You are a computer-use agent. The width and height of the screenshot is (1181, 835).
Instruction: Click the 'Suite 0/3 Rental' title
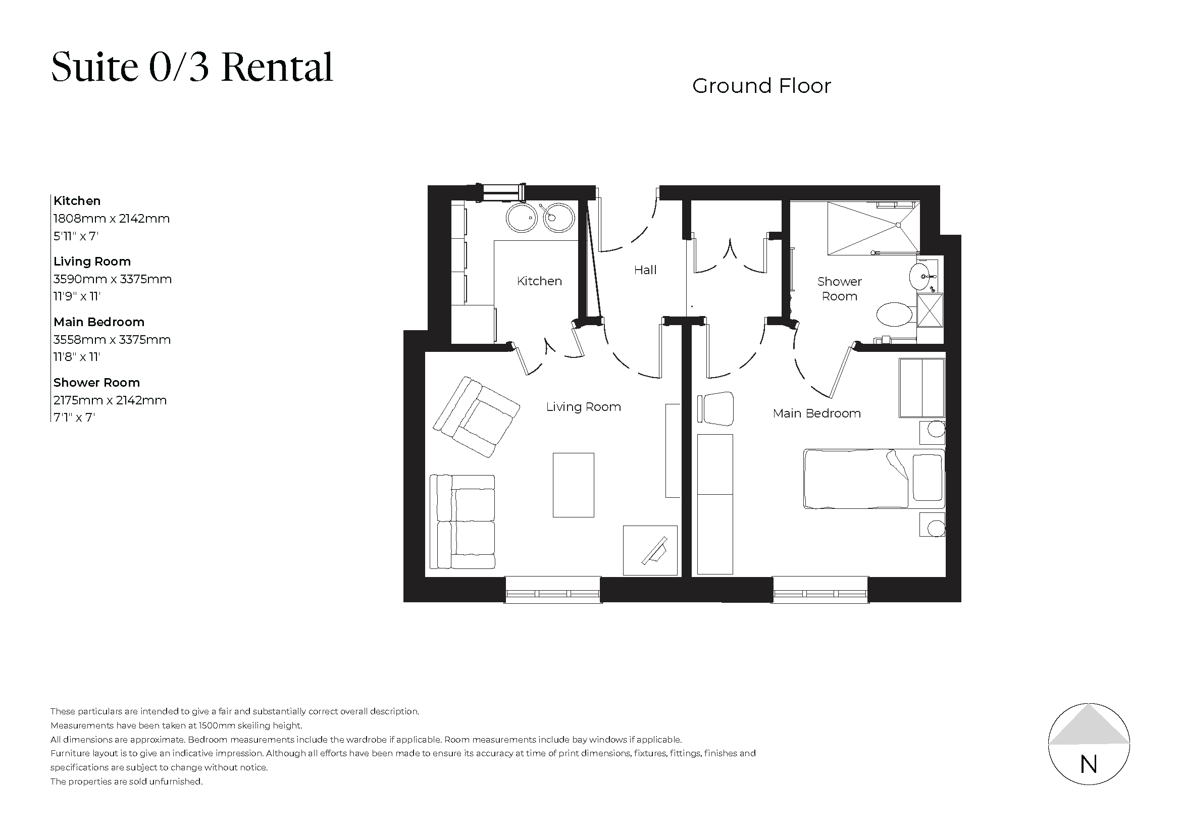pyautogui.click(x=192, y=67)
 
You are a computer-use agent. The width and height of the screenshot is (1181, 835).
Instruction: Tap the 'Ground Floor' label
pyautogui.click(x=761, y=86)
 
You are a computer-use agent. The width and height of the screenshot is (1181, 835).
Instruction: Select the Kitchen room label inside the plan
pyautogui.click(x=539, y=281)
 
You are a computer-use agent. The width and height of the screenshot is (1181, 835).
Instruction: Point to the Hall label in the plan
pyautogui.click(x=645, y=270)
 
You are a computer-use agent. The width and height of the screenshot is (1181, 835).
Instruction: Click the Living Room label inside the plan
pyautogui.click(x=583, y=407)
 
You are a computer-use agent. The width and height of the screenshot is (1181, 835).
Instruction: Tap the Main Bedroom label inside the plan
pyautogui.click(x=816, y=413)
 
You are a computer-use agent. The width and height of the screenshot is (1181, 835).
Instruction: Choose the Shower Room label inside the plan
pyautogui.click(x=839, y=289)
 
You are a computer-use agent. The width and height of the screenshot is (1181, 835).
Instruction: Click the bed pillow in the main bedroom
pyautogui.click(x=928, y=478)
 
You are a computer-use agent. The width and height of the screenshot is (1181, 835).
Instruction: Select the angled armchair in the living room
pyautogui.click(x=476, y=417)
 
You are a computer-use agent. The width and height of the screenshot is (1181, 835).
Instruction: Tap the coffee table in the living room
pyautogui.click(x=573, y=485)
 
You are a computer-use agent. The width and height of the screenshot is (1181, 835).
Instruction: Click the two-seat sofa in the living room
pyautogui.click(x=462, y=522)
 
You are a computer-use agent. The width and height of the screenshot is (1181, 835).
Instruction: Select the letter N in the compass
pyautogui.click(x=1089, y=765)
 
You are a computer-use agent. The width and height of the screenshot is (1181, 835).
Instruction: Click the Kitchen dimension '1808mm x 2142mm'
pyautogui.click(x=112, y=219)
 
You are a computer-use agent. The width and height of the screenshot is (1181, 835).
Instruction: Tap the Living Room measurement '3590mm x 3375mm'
pyautogui.click(x=113, y=279)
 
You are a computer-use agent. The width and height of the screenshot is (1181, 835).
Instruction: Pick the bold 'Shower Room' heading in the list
pyautogui.click(x=97, y=383)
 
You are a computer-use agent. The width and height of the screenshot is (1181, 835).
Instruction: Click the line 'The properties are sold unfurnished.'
pyautogui.click(x=127, y=781)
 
